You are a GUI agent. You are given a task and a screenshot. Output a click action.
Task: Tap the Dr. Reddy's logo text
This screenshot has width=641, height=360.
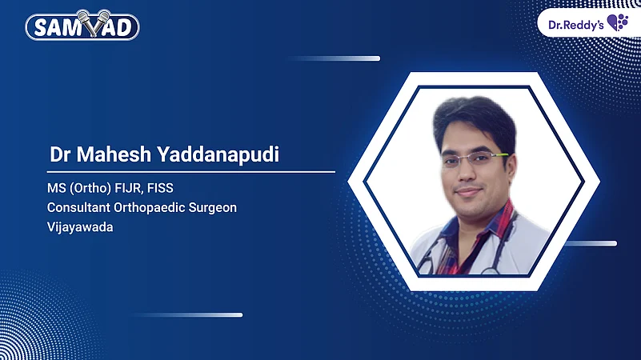tap(575, 23)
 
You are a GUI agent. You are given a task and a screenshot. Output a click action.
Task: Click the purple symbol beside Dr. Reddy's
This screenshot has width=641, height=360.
tap(617, 22)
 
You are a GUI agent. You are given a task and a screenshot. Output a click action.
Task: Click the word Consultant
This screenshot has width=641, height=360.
tap(81, 207)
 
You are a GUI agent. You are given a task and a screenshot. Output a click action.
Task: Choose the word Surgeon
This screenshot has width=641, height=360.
tap(214, 207)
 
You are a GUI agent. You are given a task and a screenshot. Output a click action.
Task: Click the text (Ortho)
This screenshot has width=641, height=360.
tap(89, 190)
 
